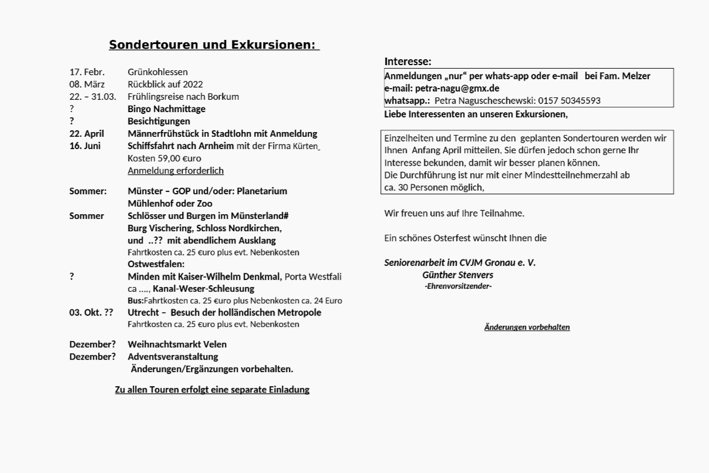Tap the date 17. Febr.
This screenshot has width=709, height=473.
pyautogui.click(x=87, y=72)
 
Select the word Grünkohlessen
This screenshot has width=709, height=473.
pyautogui.click(x=158, y=72)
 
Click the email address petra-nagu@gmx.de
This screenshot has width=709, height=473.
pyautogui.click(x=457, y=88)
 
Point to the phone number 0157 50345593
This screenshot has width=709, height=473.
pyautogui.click(x=569, y=100)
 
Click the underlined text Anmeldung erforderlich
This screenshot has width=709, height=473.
pyautogui.click(x=175, y=171)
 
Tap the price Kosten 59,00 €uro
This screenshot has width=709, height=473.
pyautogui.click(x=164, y=158)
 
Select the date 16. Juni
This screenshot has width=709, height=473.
pyautogui.click(x=85, y=146)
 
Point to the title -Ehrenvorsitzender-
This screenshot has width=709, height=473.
pyautogui.click(x=458, y=286)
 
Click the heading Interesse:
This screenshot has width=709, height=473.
pyautogui.click(x=407, y=62)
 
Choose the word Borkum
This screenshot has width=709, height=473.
pyautogui.click(x=222, y=97)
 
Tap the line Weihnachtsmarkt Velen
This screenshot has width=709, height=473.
pyautogui.click(x=177, y=344)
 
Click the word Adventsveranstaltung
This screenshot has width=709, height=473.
pyautogui.click(x=173, y=357)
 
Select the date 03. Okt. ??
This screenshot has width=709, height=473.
pyautogui.click(x=91, y=313)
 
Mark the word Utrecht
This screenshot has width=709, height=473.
pyautogui.click(x=143, y=313)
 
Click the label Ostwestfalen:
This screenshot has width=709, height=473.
pyautogui.click(x=156, y=264)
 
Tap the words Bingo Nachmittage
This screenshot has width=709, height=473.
pyautogui.click(x=166, y=109)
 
